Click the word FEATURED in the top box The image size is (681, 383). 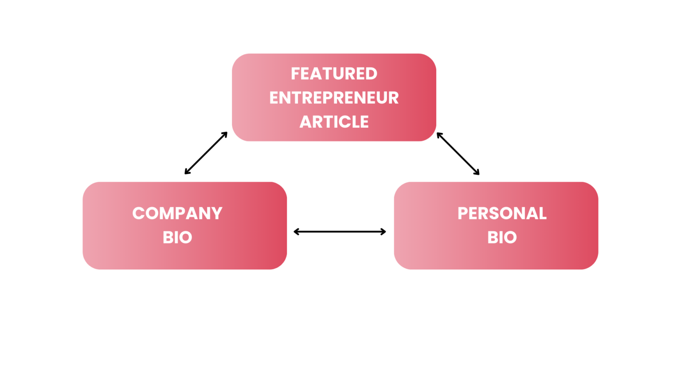(x=334, y=74)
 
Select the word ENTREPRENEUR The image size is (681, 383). (x=334, y=98)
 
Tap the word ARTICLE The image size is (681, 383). (x=334, y=121)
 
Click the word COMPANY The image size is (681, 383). (x=177, y=213)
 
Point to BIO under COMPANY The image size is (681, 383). (x=177, y=238)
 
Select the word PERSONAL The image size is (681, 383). (x=502, y=213)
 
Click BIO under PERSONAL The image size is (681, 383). (x=502, y=238)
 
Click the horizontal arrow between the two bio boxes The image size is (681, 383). (x=340, y=231)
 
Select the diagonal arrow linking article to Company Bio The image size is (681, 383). (x=206, y=153)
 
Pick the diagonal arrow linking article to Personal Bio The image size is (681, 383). (x=458, y=153)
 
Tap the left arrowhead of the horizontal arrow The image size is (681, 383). (x=296, y=231)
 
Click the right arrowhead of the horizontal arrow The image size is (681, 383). (x=384, y=231)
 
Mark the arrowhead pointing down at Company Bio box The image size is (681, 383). (x=187, y=172)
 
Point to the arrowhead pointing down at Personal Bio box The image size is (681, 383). (x=477, y=172)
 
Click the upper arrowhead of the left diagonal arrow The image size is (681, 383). (x=225, y=134)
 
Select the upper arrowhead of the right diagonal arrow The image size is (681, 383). (x=439, y=135)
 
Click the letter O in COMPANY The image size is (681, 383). (x=153, y=214)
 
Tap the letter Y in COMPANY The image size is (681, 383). (x=217, y=213)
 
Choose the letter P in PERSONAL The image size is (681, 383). (x=463, y=213)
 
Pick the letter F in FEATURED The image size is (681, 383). (x=295, y=74)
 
